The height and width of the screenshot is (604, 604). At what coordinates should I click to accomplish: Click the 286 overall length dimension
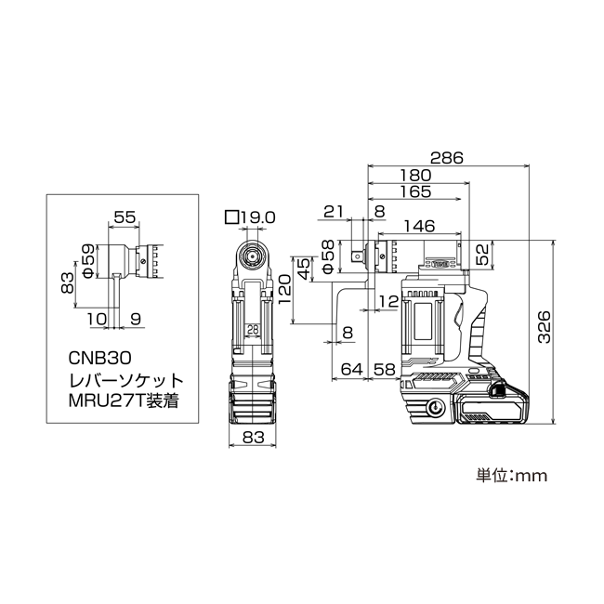point(446,158)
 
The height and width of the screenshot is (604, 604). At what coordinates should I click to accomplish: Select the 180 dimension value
point(415,176)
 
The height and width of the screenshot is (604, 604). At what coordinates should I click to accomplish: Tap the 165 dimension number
point(415,191)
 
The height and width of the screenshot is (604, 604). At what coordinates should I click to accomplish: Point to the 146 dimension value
point(419,226)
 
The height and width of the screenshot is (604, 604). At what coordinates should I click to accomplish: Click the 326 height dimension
point(545,327)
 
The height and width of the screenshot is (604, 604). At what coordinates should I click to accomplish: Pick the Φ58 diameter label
point(328,256)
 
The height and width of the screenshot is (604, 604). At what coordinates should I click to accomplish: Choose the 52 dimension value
point(482,254)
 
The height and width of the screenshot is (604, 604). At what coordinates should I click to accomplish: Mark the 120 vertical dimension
point(284,289)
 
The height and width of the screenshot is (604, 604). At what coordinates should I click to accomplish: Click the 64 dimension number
point(352,370)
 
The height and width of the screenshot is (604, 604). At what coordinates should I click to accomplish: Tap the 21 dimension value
point(334,211)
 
